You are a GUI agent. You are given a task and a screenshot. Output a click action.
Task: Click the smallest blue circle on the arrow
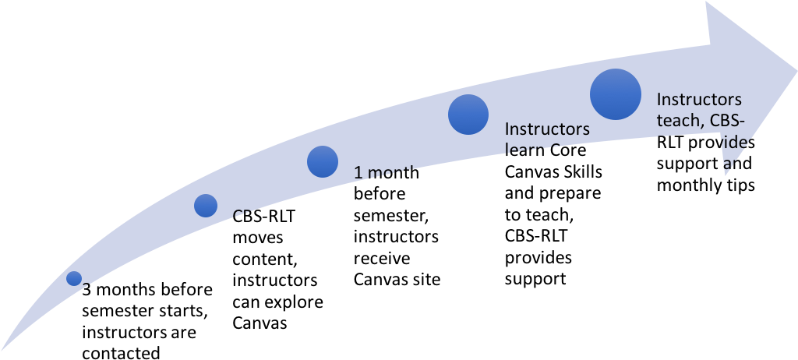click(x=74, y=278)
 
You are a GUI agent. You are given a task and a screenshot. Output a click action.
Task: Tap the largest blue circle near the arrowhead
click(x=616, y=94)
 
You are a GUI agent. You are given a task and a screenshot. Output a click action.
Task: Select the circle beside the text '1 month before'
click(x=323, y=162)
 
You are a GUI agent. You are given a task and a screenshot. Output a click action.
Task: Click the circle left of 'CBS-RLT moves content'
click(x=206, y=206)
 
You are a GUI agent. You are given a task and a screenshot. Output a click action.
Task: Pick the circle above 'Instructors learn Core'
click(x=468, y=115)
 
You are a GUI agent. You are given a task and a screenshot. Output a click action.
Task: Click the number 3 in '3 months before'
click(x=87, y=290)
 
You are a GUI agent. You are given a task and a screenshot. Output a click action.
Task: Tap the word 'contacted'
click(x=121, y=353)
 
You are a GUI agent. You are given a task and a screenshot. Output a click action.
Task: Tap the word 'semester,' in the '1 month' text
click(x=391, y=217)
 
